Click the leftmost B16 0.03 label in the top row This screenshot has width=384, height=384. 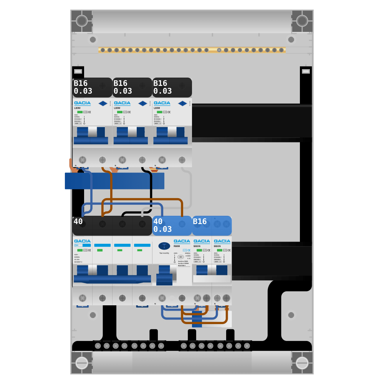click(x=92, y=88)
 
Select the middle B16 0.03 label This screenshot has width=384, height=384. click(x=132, y=88)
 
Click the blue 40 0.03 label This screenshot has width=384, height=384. click(x=172, y=226)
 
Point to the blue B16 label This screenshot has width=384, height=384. click(x=212, y=226)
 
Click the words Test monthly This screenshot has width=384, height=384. click(x=164, y=253)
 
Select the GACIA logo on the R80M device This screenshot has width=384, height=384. click(x=182, y=241)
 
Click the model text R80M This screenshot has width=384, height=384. click(x=177, y=246)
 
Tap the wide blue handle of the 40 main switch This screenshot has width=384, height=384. click(x=112, y=278)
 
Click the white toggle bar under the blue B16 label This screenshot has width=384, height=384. click(x=212, y=279)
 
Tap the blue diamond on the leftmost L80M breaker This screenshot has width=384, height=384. click(x=103, y=103)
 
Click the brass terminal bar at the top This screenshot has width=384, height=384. click(x=192, y=50)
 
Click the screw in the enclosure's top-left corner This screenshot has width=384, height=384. click(x=82, y=21)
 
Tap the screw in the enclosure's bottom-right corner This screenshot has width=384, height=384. click(x=302, y=363)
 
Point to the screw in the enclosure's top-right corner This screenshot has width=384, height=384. click(x=302, y=21)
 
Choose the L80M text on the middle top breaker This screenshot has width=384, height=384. click(x=117, y=108)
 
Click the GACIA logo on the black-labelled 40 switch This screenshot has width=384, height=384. click(x=82, y=241)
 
